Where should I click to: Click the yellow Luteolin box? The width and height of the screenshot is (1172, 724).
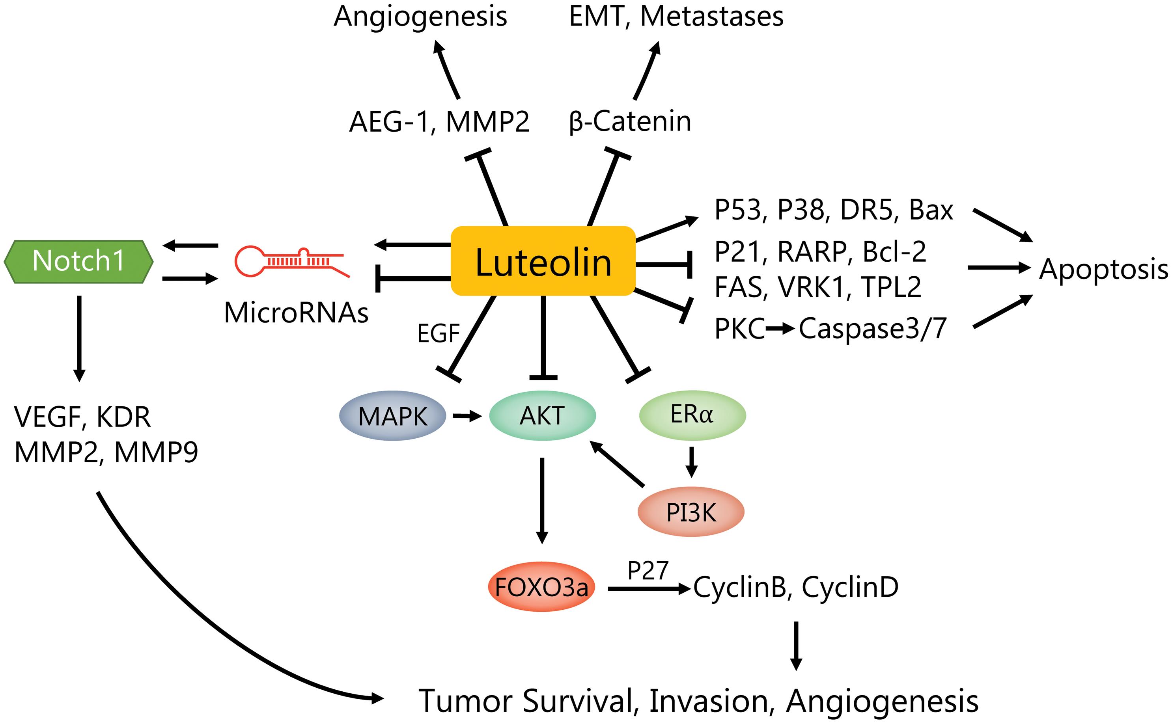click(543, 261)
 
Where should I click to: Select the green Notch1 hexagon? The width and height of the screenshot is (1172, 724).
click(78, 261)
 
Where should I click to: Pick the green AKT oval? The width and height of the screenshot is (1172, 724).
click(542, 415)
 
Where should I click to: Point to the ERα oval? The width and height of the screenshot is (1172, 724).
click(692, 415)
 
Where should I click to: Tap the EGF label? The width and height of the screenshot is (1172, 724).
click(438, 333)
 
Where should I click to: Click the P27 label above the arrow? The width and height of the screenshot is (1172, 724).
click(648, 570)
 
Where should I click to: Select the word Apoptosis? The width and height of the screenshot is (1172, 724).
click(1103, 269)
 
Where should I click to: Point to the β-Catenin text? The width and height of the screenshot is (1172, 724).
click(630, 122)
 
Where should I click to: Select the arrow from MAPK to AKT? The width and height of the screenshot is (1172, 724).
click(467, 416)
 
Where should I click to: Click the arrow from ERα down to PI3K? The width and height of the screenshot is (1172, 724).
click(691, 462)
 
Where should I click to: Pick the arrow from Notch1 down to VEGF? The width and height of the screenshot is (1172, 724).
click(80, 338)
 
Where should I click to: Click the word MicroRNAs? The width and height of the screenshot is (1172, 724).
click(296, 313)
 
